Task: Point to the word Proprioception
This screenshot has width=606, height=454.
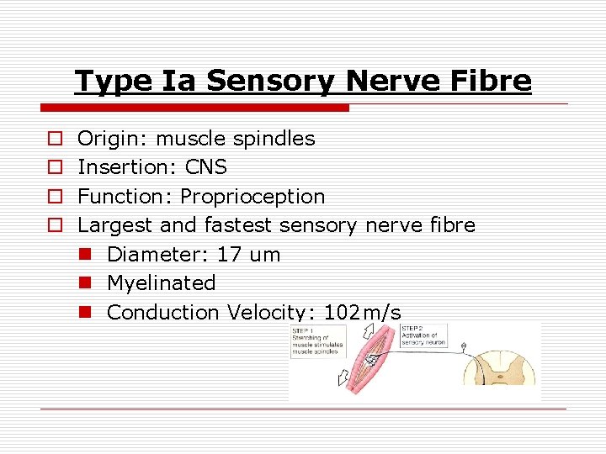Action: pyautogui.click(x=252, y=197)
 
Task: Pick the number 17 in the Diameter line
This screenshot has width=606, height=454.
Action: pyautogui.click(x=228, y=255)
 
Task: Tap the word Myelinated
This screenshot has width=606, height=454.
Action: pyautogui.click(x=161, y=283)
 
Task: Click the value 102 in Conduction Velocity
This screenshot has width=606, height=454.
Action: pyautogui.click(x=341, y=313)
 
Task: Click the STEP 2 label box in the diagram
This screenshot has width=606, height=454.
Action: pyautogui.click(x=428, y=334)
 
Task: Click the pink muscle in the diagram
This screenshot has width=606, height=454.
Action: pyautogui.click(x=374, y=359)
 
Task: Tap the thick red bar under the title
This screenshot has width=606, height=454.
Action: pyautogui.click(x=194, y=108)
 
